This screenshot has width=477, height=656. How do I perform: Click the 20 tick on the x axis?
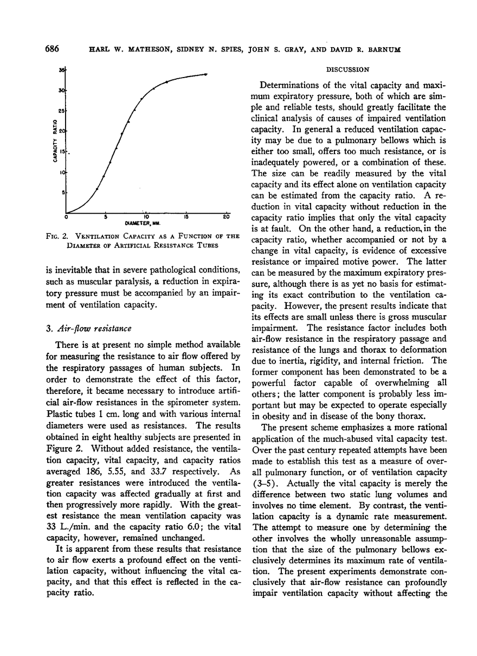[x=227, y=218]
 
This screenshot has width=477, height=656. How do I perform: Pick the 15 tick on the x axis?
[x=186, y=218]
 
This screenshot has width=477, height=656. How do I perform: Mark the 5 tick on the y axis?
[x=63, y=193]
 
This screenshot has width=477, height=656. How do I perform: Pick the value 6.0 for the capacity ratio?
[x=179, y=526]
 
